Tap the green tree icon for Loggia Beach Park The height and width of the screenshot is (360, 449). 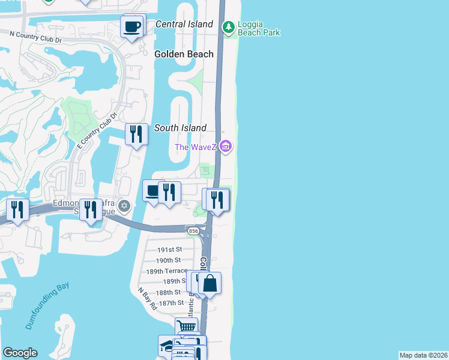pyautogui.click(x=228, y=28)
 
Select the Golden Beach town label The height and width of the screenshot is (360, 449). pyautogui.click(x=184, y=54)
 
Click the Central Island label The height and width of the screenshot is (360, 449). pyautogui.click(x=184, y=24)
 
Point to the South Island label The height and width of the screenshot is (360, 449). pyautogui.click(x=180, y=128)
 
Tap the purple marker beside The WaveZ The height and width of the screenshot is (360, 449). pyautogui.click(x=226, y=146)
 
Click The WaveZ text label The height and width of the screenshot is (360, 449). pyautogui.click(x=196, y=147)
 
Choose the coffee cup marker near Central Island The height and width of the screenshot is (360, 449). pyautogui.click(x=133, y=26)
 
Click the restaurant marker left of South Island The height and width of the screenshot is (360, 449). pyautogui.click(x=136, y=134)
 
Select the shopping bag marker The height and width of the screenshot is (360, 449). pyautogui.click(x=210, y=283)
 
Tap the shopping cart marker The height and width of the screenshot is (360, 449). pyautogui.click(x=187, y=328)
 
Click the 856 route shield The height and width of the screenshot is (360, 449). pyautogui.click(x=193, y=231)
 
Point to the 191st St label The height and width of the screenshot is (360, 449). pyautogui.click(x=169, y=249)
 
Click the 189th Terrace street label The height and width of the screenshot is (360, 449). pyautogui.click(x=163, y=271)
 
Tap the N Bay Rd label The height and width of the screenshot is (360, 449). pyautogui.click(x=146, y=298)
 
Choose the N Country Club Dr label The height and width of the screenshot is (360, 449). pyautogui.click(x=36, y=37)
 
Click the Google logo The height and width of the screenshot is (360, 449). pyautogui.click(x=20, y=353)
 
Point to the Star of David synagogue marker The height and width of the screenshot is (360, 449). pyautogui.click(x=124, y=206)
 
